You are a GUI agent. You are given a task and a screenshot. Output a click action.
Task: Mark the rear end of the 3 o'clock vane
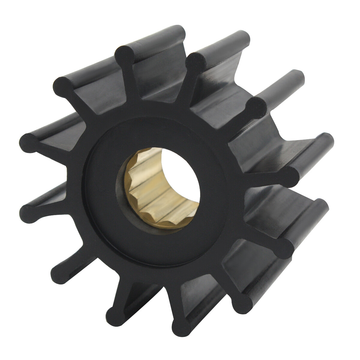tap(327, 141)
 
